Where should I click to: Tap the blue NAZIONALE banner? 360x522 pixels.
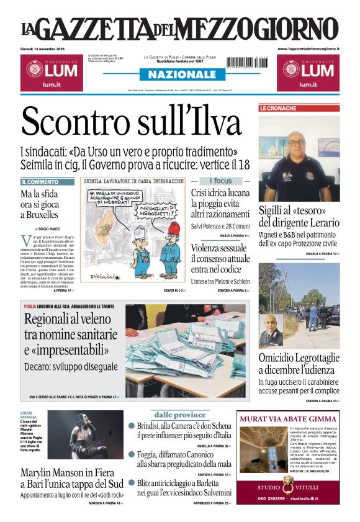(179, 74)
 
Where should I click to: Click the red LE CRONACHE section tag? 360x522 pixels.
(277, 108)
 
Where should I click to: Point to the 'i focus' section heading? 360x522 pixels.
(220, 181)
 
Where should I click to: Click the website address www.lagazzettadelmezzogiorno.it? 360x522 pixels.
(308, 48)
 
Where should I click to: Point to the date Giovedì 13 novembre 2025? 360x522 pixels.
(42, 48)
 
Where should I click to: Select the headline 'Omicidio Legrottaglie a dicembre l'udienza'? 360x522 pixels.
(299, 364)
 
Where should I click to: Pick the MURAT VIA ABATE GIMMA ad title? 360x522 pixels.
(288, 419)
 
